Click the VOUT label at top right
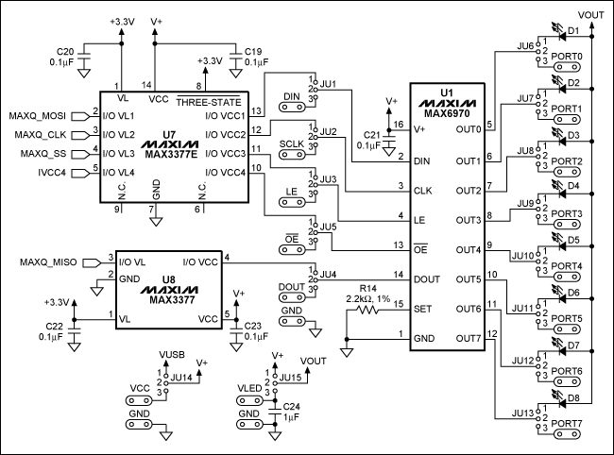[590, 15]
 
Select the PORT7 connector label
[567, 423]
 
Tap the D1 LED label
[572, 31]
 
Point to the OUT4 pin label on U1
[468, 250]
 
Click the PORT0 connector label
[567, 57]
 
